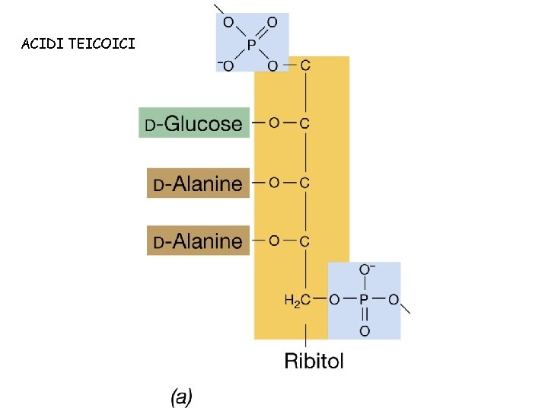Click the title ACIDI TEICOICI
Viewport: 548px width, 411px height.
(x=79, y=43)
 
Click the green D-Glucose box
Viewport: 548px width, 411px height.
(x=194, y=123)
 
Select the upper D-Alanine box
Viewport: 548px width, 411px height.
(x=198, y=183)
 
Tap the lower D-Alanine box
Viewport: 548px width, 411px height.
(x=198, y=241)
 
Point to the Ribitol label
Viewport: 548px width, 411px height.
(x=314, y=360)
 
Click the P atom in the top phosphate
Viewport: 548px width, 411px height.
(x=250, y=44)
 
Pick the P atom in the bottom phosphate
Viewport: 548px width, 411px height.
(x=364, y=300)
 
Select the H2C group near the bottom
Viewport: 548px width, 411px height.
(x=297, y=300)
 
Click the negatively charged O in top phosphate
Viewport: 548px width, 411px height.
(x=226, y=65)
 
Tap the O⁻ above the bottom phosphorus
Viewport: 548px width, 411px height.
(x=365, y=270)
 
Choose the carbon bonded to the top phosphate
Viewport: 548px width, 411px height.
(x=305, y=65)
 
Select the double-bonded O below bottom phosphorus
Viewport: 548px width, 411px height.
(x=364, y=330)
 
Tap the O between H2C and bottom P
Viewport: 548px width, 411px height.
(x=334, y=300)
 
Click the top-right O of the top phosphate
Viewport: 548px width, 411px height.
(x=272, y=23)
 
